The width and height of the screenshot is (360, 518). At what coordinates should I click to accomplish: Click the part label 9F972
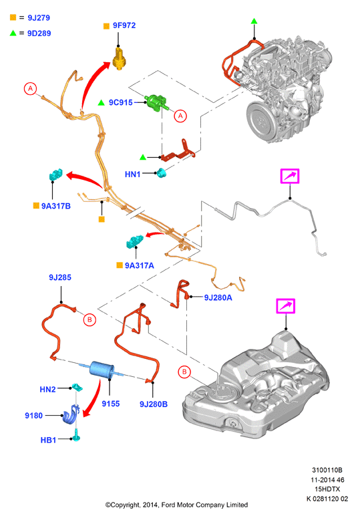pyautogui.click(x=124, y=25)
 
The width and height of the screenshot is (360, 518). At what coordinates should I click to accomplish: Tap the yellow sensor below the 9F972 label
pyautogui.click(x=120, y=58)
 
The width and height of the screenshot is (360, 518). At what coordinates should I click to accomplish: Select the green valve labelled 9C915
pyautogui.click(x=157, y=102)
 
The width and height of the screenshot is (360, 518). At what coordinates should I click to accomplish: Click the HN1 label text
pyautogui.click(x=133, y=174)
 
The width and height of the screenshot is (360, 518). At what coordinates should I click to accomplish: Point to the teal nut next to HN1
pyautogui.click(x=162, y=172)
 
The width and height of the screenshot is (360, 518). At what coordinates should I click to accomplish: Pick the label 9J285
pyautogui.click(x=60, y=277)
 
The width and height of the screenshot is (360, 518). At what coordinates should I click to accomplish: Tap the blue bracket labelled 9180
pyautogui.click(x=71, y=414)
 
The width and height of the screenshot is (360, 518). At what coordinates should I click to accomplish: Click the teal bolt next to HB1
pyautogui.click(x=77, y=436)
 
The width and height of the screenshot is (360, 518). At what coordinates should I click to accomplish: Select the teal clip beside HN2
pyautogui.click(x=77, y=387)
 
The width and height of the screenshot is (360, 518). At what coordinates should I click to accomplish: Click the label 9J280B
pyautogui.click(x=154, y=404)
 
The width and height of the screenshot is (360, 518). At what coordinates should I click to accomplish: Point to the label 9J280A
pyautogui.click(x=218, y=297)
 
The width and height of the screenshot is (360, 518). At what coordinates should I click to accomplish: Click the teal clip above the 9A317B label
pyautogui.click(x=55, y=174)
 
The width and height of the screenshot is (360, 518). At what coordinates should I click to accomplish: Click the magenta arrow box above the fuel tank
pyautogui.click(x=285, y=306)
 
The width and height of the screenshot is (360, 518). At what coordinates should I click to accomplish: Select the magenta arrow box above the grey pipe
pyautogui.click(x=290, y=176)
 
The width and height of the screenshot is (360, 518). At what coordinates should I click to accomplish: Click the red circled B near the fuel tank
pyautogui.click(x=184, y=372)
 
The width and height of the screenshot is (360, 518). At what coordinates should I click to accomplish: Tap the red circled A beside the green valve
pyautogui.click(x=180, y=116)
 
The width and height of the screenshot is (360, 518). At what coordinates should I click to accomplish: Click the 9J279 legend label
pyautogui.click(x=39, y=18)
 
